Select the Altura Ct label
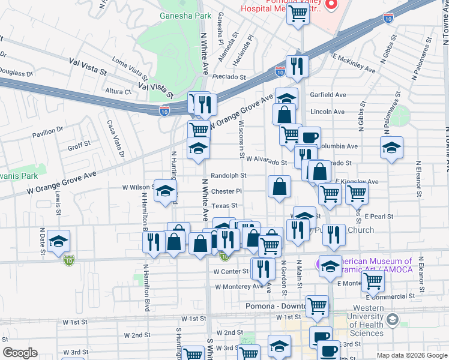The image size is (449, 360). tap(118, 92)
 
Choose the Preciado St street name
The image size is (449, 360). tap(229, 77)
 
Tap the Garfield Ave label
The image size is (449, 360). tap(328, 95)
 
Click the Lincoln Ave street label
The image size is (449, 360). tap(328, 112)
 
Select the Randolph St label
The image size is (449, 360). tap(229, 176)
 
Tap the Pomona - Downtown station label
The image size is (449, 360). tap(273, 305)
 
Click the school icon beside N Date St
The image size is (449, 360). tap(58, 241)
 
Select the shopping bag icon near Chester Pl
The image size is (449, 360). tap(280, 187)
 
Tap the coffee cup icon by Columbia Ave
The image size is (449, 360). tap(309, 137)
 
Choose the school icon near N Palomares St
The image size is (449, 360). tap(391, 148)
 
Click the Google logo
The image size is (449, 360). tap(20, 353)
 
